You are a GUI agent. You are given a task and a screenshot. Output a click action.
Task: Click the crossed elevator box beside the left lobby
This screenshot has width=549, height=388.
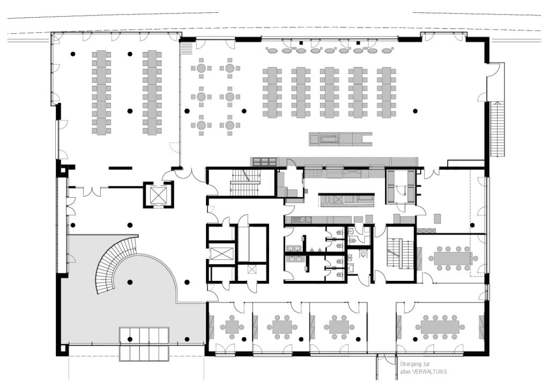point(158,195)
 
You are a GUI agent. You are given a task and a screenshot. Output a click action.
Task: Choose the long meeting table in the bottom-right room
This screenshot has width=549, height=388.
point(440,327)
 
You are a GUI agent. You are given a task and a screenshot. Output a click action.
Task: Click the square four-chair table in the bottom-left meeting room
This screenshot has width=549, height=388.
point(232,327)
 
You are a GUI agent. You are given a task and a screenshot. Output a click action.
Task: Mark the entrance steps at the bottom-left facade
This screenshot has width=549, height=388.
point(144,344)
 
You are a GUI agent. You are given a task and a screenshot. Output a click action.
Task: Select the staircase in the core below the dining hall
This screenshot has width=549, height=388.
point(245,183)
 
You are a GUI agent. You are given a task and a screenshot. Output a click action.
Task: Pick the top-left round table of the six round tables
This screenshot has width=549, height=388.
point(201,68)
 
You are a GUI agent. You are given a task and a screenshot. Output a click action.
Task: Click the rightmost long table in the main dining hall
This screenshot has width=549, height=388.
point(387,92)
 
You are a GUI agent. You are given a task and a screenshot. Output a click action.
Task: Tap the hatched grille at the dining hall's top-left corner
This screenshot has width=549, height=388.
point(187,48)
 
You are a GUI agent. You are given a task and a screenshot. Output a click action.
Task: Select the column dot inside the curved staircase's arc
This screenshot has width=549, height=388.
point(130,282)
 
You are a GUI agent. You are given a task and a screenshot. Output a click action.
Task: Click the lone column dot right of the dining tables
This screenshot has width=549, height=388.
point(416,111)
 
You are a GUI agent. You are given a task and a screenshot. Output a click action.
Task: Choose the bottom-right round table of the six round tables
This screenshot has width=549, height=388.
point(229,125)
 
